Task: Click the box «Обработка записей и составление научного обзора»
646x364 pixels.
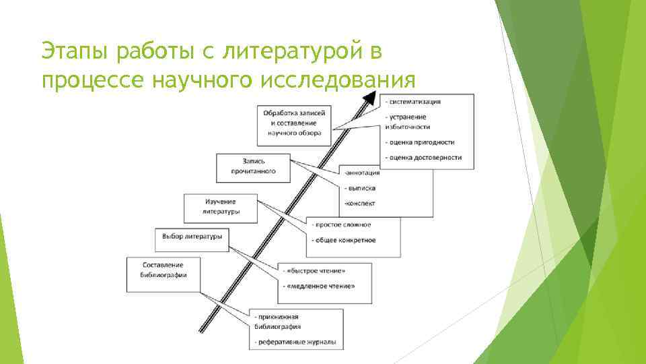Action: coord(294,123)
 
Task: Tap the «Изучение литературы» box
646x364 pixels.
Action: coord(221,206)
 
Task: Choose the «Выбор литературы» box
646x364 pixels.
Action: coord(192,237)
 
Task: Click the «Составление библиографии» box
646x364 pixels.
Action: coord(164,270)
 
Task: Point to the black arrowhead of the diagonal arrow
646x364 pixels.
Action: coord(370,97)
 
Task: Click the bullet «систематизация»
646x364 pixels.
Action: coord(415,102)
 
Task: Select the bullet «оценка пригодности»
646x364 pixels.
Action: coord(421,142)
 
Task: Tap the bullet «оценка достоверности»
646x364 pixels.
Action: coord(425,157)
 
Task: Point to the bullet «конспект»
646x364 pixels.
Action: coord(360,203)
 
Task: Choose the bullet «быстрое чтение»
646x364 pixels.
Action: coord(316,271)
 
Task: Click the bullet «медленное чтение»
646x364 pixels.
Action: coord(321,286)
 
